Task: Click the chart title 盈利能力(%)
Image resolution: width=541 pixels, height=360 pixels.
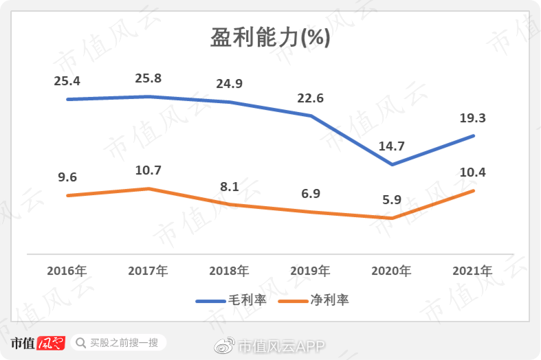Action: click(x=270, y=38)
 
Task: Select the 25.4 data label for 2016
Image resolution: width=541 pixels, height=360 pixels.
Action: click(x=67, y=81)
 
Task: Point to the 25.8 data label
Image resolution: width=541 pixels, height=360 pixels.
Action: click(x=148, y=78)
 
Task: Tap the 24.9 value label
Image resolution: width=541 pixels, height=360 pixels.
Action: click(x=229, y=85)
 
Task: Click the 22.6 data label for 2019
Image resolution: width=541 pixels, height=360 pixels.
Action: click(x=310, y=98)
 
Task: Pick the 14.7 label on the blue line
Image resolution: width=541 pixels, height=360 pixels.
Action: click(x=391, y=146)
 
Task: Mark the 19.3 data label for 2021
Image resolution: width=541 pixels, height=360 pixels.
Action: click(x=472, y=118)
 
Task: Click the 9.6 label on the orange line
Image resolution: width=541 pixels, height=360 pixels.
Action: click(x=67, y=177)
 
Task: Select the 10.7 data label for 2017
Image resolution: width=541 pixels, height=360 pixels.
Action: click(x=148, y=170)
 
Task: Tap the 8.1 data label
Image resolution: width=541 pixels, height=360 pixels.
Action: click(x=229, y=187)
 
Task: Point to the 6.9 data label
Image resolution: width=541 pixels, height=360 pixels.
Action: click(x=310, y=194)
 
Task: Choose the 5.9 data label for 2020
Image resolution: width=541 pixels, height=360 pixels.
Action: click(x=391, y=201)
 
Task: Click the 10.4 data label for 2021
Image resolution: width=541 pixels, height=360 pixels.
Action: click(x=472, y=172)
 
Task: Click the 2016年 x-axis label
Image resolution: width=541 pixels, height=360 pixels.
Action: click(x=67, y=271)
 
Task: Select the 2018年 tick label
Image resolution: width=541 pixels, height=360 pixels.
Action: click(x=229, y=271)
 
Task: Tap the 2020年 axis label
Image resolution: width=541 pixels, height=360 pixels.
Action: click(x=391, y=271)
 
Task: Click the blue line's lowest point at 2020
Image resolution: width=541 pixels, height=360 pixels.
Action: click(x=392, y=165)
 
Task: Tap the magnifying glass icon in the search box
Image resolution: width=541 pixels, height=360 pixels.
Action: click(x=81, y=342)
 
